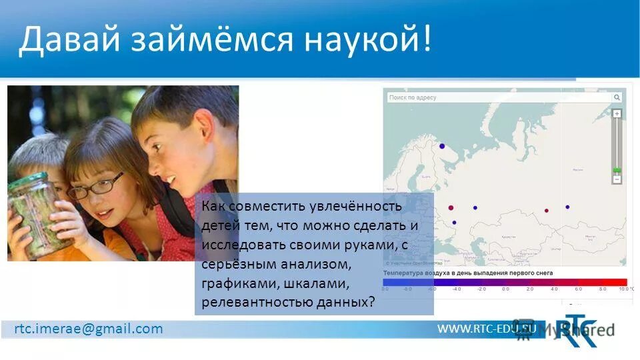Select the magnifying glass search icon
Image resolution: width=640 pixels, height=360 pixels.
point(617,97)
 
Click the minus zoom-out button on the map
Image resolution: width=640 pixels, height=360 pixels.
point(617,179)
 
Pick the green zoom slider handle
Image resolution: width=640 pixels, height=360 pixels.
point(617,171)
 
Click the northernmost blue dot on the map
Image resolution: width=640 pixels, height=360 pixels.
point(441,145)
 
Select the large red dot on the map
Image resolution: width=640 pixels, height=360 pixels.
point(451,207)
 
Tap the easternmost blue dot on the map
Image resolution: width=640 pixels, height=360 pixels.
point(567,207)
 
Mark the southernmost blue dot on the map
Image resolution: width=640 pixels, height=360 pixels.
point(454,223)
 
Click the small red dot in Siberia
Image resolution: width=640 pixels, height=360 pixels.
point(547,210)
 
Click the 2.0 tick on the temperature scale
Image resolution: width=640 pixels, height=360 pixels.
point(530,289)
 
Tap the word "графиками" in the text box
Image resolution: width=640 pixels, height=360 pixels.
point(237,283)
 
